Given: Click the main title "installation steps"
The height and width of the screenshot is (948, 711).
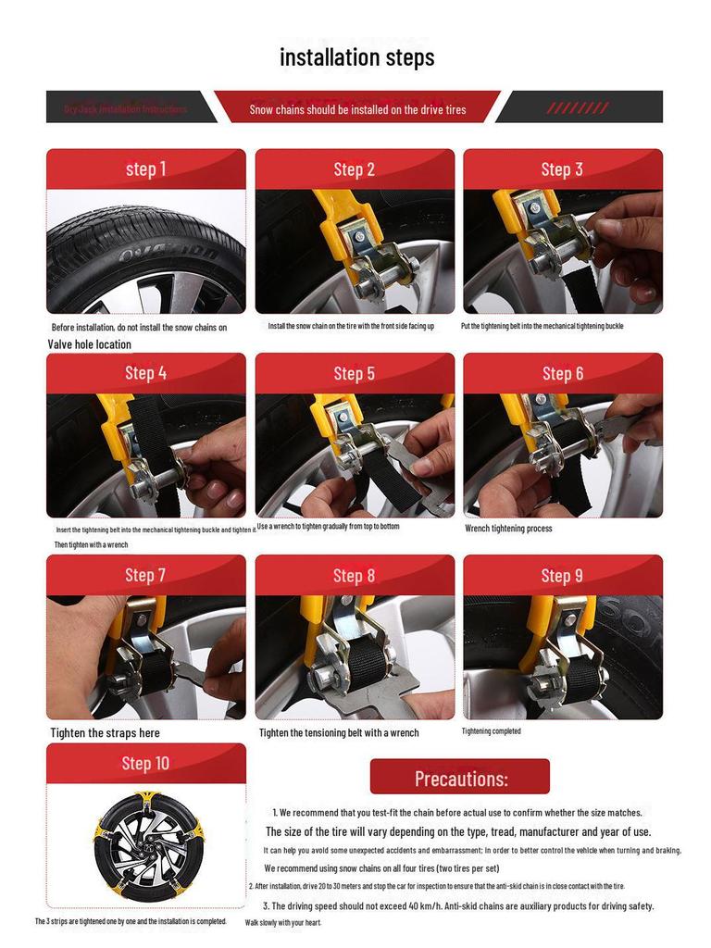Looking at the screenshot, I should (x=356, y=57).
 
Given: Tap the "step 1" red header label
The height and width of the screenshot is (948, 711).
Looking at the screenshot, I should (x=146, y=168).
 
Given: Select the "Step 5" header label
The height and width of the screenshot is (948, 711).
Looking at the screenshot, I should (x=355, y=373).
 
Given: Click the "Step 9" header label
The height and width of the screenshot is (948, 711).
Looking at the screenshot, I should (x=562, y=576).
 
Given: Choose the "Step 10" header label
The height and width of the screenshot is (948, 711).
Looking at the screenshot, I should (x=146, y=764).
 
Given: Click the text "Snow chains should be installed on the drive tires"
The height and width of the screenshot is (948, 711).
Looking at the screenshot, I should (x=357, y=109).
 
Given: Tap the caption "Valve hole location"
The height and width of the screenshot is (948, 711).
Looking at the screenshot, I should (x=90, y=344).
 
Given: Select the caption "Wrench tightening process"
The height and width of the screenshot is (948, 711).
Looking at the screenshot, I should (x=508, y=529).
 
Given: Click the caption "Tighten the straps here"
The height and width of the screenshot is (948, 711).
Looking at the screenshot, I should (x=105, y=733).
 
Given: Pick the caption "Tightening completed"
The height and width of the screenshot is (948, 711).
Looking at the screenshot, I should (x=492, y=731).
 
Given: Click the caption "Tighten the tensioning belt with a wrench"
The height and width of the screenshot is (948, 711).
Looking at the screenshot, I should (x=339, y=733).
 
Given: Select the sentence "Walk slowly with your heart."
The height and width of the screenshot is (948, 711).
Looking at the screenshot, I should (x=283, y=923).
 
